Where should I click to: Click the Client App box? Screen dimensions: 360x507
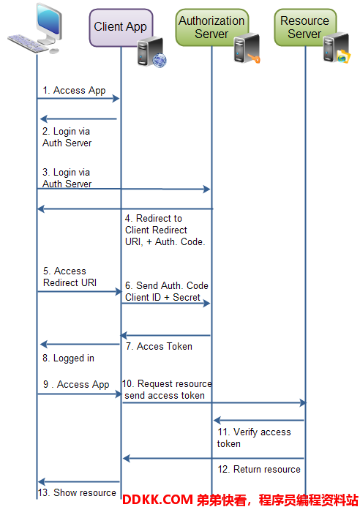click(121, 28)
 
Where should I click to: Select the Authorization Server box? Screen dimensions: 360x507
click(212, 27)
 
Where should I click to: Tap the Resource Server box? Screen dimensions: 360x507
click(305, 27)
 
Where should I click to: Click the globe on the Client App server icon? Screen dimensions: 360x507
click(160, 61)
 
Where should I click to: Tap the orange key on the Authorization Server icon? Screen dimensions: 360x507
click(254, 59)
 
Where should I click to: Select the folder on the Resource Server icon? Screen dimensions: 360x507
click(343, 57)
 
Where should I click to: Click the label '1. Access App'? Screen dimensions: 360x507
click(74, 90)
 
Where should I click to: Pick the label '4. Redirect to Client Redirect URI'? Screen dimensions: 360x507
click(165, 230)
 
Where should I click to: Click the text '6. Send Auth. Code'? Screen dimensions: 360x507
click(167, 285)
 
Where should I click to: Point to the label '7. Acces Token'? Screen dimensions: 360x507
click(159, 346)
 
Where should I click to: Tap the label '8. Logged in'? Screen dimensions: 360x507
click(68, 358)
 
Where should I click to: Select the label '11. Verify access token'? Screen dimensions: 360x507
click(254, 437)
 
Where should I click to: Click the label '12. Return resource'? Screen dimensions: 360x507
click(259, 469)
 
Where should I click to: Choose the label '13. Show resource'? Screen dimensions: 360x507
click(77, 492)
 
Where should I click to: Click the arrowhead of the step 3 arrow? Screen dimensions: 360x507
click(207, 189)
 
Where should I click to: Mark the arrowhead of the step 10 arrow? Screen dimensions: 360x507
click(303, 402)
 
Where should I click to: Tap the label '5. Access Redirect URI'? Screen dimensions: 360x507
click(70, 277)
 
